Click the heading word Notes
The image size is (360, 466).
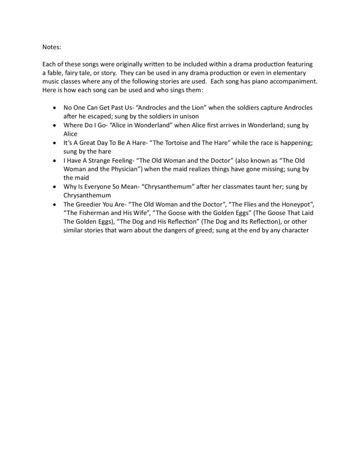[51, 47]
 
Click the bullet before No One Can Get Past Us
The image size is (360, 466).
[55, 108]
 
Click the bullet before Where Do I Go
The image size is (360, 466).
[55, 126]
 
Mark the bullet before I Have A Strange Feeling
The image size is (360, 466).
[55, 161]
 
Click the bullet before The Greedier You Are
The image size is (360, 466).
[55, 205]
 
